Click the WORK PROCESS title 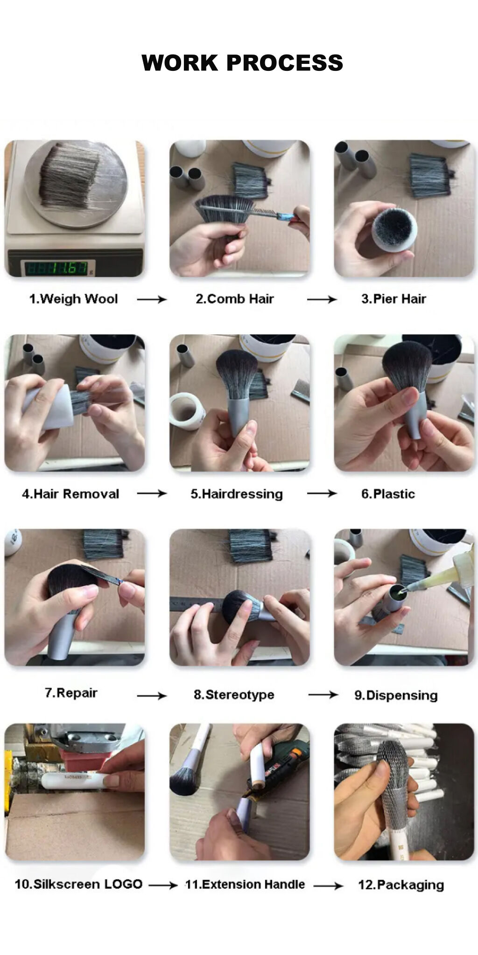coord(242,62)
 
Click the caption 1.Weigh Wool coord(74,299)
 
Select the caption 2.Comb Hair coord(235,299)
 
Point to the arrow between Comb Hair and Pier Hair coord(322,299)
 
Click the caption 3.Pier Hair coord(394,299)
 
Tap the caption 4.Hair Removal coord(70,494)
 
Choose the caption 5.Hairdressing coord(237,494)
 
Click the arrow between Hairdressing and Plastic coord(322,493)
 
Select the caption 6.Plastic coord(388,494)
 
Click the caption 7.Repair coord(71,693)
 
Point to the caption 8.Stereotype coord(234,695)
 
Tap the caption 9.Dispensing coord(396,695)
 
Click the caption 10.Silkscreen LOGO coord(78,884)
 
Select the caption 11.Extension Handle coord(245,884)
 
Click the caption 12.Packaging coord(401,885)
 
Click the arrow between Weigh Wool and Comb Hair coord(152,299)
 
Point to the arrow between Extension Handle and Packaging coord(329,885)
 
